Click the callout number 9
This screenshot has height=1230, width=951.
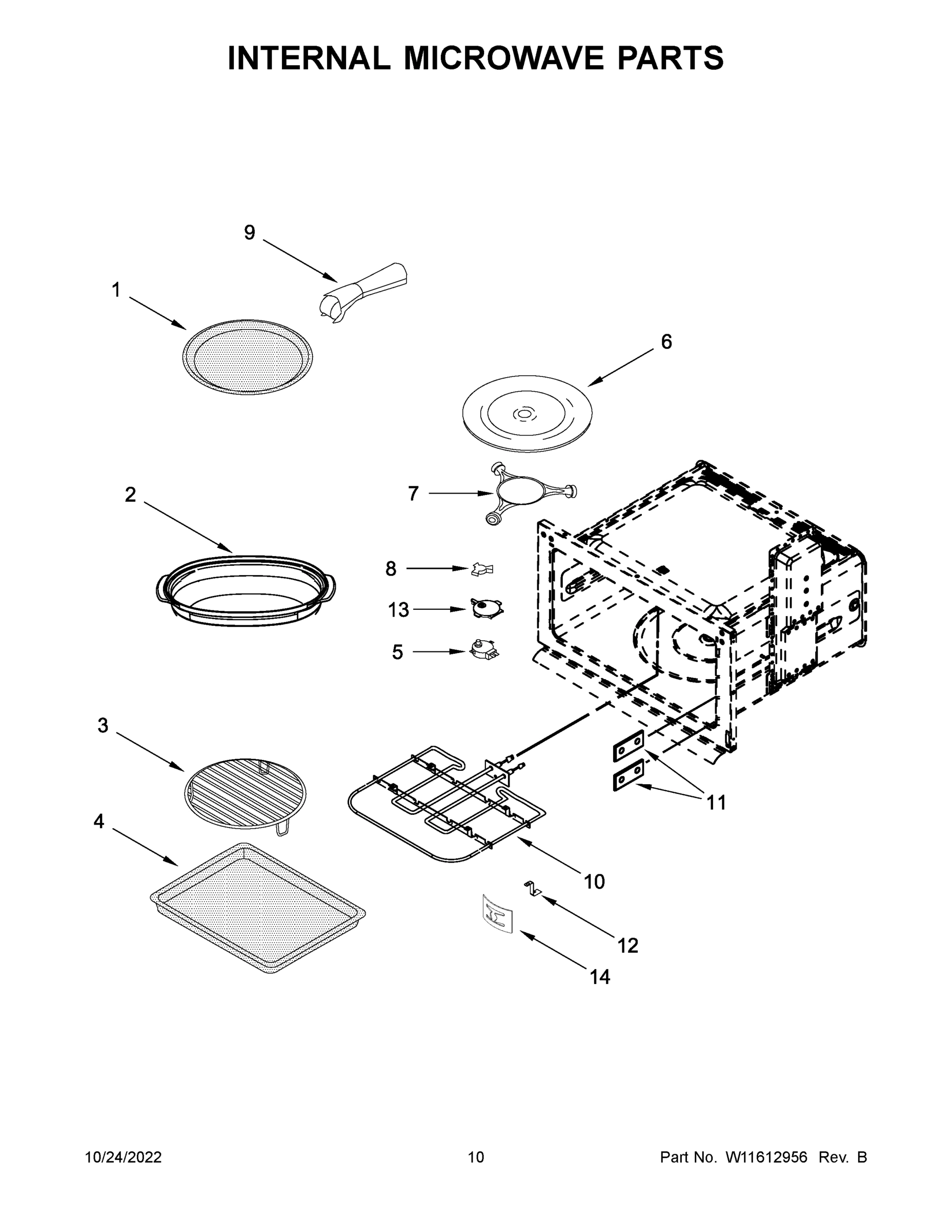click(x=249, y=232)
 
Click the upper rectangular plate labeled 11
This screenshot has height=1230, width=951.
click(x=628, y=746)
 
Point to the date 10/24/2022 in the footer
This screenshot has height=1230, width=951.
click(x=124, y=1157)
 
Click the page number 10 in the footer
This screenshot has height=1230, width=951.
click(x=476, y=1157)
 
